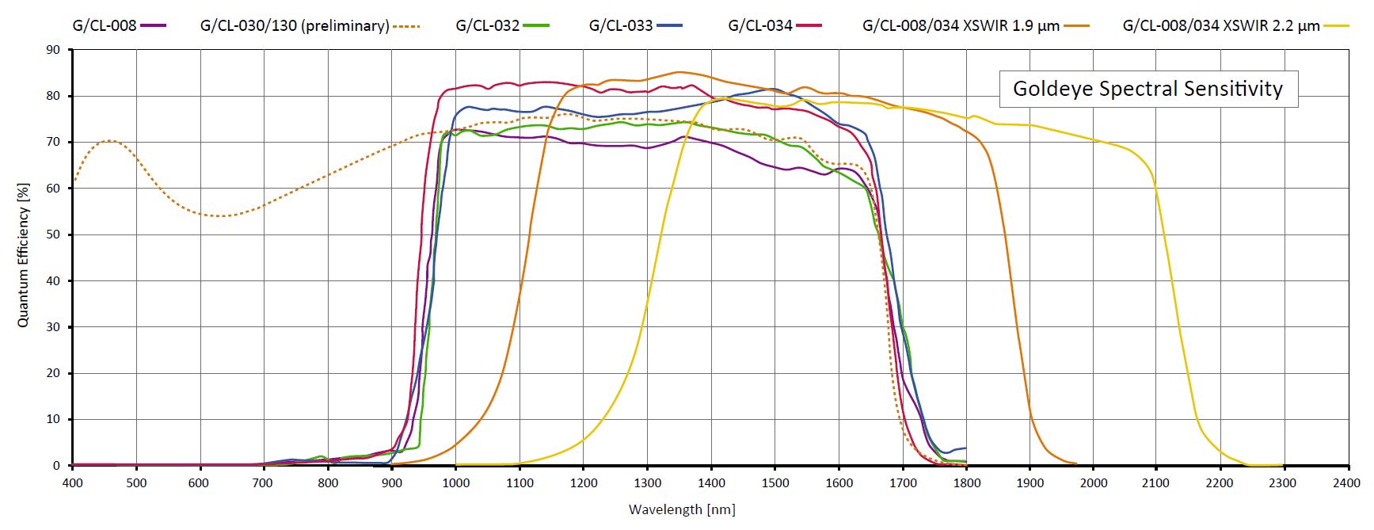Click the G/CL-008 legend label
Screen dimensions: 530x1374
click(x=105, y=25)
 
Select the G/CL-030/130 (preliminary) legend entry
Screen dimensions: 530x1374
click(x=295, y=25)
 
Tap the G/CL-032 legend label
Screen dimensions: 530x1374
click(x=487, y=25)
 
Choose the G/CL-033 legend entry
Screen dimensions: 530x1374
click(x=621, y=25)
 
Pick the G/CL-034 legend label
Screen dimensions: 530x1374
click(x=760, y=25)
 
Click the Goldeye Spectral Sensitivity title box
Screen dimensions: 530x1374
click(x=1148, y=88)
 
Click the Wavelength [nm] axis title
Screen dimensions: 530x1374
click(x=682, y=509)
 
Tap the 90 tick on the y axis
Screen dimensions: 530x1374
click(x=54, y=50)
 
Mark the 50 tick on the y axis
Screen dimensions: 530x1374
click(x=54, y=234)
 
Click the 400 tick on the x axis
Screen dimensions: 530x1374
click(x=72, y=482)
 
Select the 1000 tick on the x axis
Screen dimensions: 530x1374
click(x=455, y=482)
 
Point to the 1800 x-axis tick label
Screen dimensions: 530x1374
click(x=966, y=482)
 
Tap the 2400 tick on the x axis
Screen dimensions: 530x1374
click(x=1349, y=482)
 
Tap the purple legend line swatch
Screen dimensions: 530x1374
click(x=154, y=25)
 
